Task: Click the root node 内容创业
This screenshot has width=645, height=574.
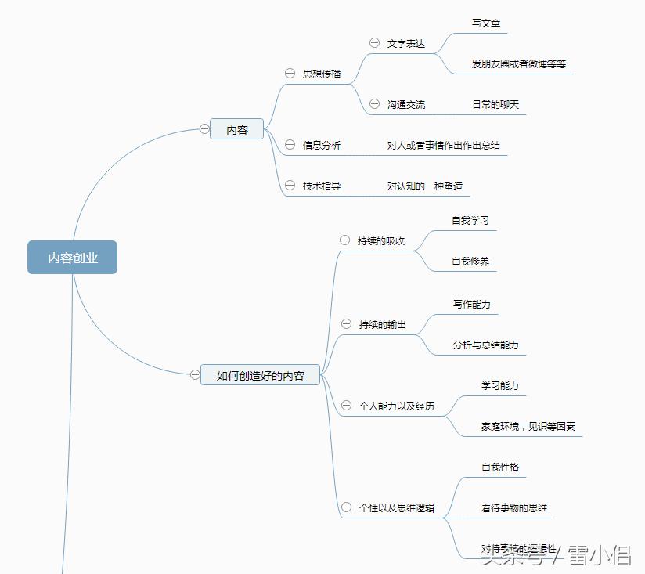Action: [72, 258]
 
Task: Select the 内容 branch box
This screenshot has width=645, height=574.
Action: [236, 130]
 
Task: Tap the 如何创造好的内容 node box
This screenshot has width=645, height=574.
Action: [261, 376]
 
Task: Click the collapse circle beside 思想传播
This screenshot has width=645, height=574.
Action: [290, 73]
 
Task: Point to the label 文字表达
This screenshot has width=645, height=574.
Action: [406, 43]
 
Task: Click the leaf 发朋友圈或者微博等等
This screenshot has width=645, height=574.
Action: [518, 64]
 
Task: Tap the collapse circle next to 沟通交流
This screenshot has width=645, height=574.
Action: [374, 103]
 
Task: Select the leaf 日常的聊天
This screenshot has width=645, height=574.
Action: [495, 104]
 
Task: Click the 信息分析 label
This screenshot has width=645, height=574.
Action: [322, 145]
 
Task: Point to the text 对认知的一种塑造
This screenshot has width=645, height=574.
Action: [425, 186]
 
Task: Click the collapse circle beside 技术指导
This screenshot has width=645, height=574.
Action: [290, 186]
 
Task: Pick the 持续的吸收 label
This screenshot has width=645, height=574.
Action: [381, 240]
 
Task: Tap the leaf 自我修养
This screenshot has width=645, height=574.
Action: [470, 261]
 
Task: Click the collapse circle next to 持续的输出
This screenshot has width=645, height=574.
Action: [346, 323]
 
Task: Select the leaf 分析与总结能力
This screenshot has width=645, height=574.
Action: [485, 345]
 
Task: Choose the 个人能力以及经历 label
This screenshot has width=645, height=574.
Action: [397, 406]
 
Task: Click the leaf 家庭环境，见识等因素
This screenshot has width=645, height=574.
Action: [528, 427]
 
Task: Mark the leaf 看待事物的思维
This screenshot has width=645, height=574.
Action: [513, 507]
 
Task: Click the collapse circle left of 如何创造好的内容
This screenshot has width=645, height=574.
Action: [195, 375]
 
